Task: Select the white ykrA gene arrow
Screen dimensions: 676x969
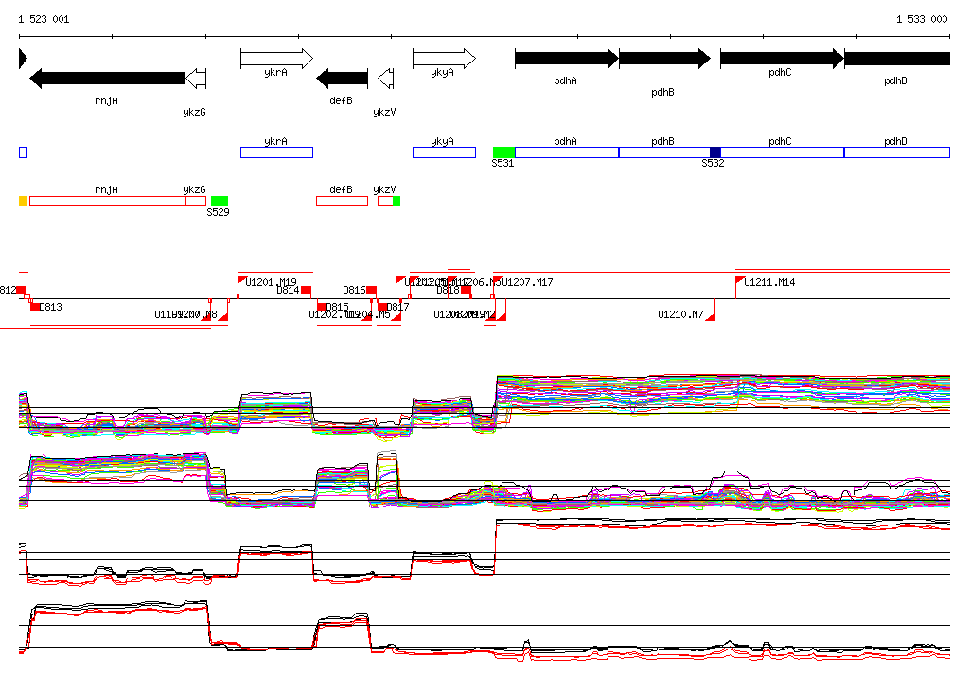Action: coord(275,59)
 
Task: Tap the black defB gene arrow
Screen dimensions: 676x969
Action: coord(342,78)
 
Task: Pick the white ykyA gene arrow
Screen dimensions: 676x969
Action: coord(443,59)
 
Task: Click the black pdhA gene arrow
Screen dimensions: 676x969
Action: coord(566,59)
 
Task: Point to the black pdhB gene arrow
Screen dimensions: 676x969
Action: coord(663,59)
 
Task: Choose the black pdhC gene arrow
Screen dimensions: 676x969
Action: coord(781,59)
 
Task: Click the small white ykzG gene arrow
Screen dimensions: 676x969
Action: coord(196,78)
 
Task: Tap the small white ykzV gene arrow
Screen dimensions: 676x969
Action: coord(385,78)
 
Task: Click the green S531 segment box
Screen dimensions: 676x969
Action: coord(503,152)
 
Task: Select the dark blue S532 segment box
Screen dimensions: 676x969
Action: coord(715,152)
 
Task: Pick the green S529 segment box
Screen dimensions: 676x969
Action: coord(220,201)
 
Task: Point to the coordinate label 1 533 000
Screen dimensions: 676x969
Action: coord(922,19)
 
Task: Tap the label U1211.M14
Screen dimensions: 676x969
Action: coord(769,282)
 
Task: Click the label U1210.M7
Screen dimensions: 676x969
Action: coord(680,314)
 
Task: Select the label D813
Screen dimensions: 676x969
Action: coord(50,307)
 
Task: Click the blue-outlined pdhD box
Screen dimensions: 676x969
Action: coord(896,152)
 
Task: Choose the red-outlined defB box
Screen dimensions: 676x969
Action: coord(342,201)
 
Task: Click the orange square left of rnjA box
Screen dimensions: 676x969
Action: coord(24,201)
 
